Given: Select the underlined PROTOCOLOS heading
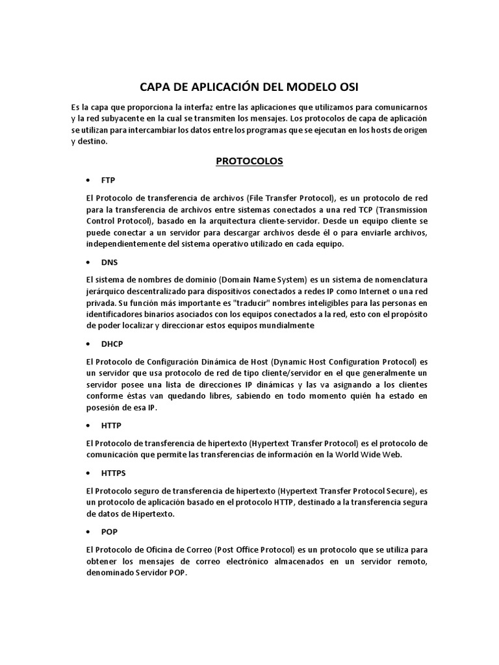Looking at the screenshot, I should click(249, 161).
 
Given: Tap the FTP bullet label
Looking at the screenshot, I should click(108, 180).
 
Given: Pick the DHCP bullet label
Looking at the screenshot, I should click(112, 344).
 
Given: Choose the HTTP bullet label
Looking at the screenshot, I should click(111, 425).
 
